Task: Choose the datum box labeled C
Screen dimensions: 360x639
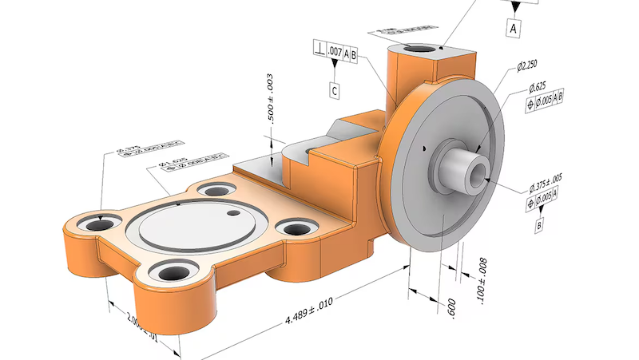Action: point(336,91)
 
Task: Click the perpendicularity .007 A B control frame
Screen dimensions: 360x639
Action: point(335,53)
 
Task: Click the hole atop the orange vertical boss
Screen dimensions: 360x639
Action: point(418,50)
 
